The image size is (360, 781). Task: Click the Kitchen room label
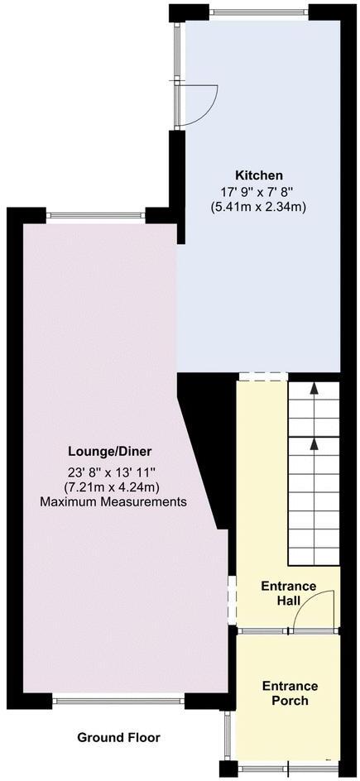(x=259, y=175)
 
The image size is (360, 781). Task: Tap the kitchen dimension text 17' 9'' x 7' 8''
(x=259, y=191)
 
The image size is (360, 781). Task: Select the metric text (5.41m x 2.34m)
(x=259, y=207)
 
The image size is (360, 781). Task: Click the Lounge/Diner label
(x=110, y=452)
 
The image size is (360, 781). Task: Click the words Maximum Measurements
(x=113, y=502)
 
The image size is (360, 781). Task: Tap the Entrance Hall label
(x=289, y=593)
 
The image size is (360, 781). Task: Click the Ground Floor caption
(x=118, y=737)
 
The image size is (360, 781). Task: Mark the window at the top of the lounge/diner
(x=97, y=215)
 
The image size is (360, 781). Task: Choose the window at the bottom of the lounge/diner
(x=119, y=701)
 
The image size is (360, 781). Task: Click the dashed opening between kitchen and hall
(x=262, y=377)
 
